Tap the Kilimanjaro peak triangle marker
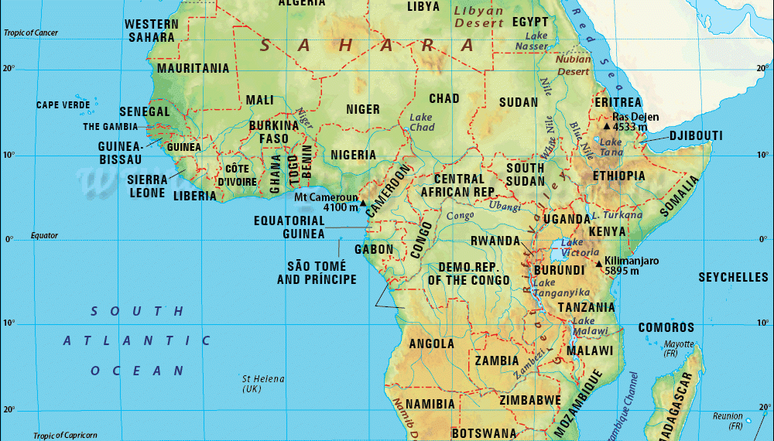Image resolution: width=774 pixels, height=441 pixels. (599, 263)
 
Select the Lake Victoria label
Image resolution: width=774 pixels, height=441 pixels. (579, 248)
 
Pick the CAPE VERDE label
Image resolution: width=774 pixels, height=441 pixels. (63, 105)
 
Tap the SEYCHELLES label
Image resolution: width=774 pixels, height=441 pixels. (733, 277)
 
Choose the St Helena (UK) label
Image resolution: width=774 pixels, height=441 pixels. (263, 384)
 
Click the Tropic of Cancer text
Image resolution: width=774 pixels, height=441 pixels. (31, 32)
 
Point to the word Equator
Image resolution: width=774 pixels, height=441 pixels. (44, 235)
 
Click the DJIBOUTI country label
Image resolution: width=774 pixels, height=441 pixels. (696, 136)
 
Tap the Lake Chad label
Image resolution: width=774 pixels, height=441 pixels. (422, 122)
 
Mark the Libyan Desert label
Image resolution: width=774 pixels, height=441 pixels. (478, 17)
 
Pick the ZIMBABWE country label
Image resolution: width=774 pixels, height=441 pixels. (529, 400)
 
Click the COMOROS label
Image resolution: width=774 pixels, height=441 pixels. (666, 327)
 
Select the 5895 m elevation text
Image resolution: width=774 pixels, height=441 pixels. (622, 271)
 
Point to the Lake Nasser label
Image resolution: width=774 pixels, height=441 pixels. (536, 41)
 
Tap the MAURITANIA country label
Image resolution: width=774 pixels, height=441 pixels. (193, 68)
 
